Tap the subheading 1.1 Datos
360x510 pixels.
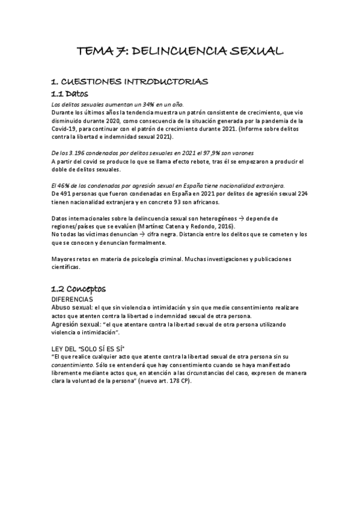pos(70,94)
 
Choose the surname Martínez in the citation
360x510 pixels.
pos(153,226)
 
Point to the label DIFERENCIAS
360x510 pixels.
pos(72,300)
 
